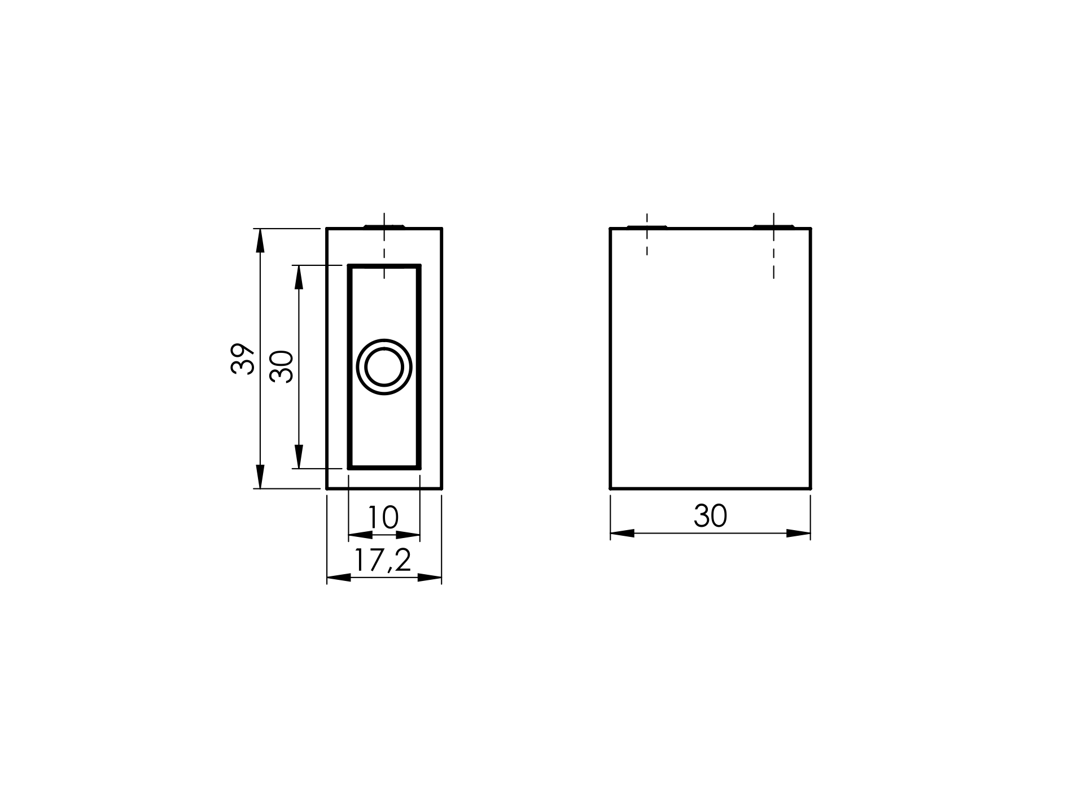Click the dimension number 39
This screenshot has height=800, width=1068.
click(x=243, y=359)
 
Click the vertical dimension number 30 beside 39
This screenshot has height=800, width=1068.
click(x=282, y=367)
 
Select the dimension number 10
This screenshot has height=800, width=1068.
click(x=383, y=517)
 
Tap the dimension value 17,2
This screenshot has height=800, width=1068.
click(x=383, y=561)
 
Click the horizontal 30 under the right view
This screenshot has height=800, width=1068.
click(x=710, y=516)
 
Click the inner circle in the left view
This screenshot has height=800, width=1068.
click(x=384, y=367)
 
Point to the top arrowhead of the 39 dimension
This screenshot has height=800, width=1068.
click(x=260, y=241)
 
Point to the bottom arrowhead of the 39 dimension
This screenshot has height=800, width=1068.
click(x=260, y=476)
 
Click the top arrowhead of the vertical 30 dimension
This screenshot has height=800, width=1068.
click(x=299, y=277)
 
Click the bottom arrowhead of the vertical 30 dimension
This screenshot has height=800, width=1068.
click(x=299, y=457)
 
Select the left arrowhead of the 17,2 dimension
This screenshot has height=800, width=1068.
click(x=339, y=578)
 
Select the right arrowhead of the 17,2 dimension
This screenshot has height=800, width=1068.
click(x=430, y=578)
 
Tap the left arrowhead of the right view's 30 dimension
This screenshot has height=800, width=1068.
click(x=622, y=533)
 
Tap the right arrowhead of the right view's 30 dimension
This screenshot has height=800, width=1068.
click(x=799, y=533)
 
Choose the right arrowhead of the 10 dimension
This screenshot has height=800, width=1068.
click(x=408, y=534)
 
